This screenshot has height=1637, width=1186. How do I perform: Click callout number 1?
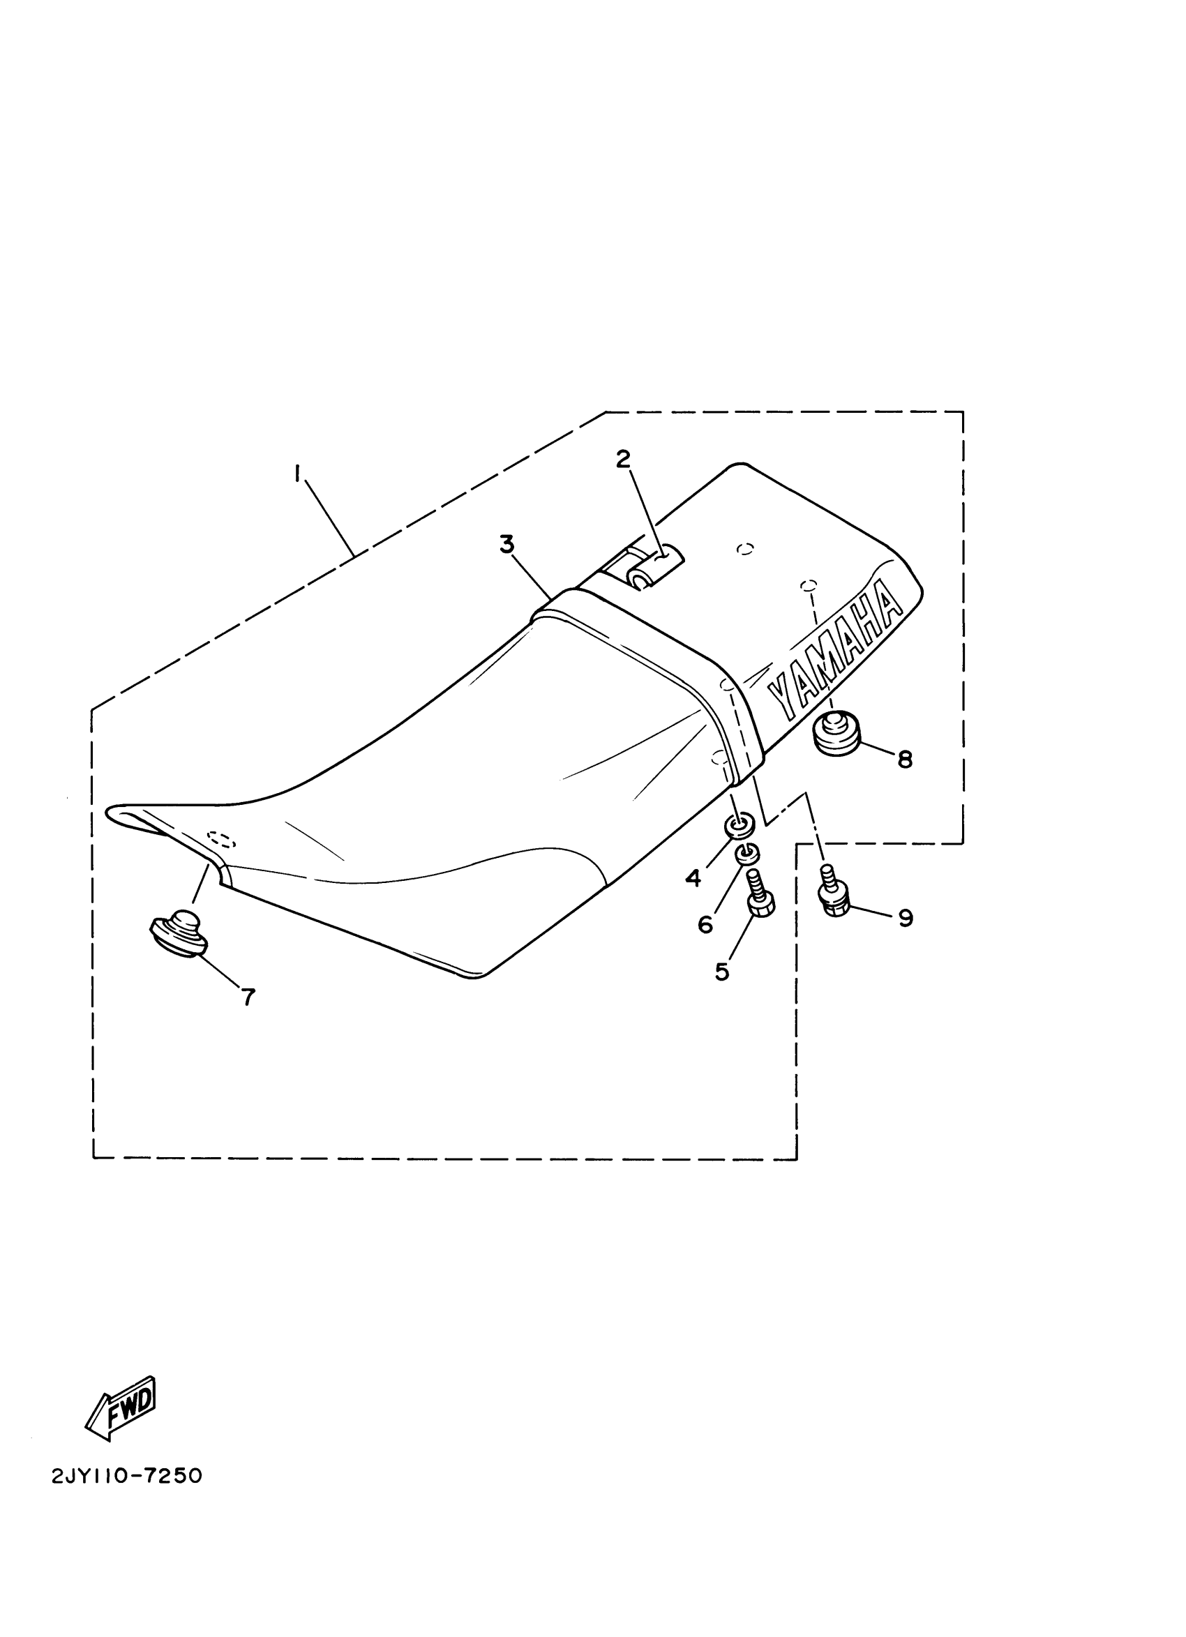coord(296,473)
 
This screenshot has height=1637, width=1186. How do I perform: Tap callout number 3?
coord(506,545)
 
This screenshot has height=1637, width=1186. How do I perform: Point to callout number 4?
coord(693,878)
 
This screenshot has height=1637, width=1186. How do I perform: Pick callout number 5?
coord(722,972)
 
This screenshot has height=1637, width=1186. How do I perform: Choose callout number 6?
coord(705,925)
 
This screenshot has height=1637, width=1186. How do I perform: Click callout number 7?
coord(248,997)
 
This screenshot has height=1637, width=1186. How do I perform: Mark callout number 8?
coord(904,760)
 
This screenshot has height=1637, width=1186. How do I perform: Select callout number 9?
coord(906,918)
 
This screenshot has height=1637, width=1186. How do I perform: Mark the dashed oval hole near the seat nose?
coord(222,838)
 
